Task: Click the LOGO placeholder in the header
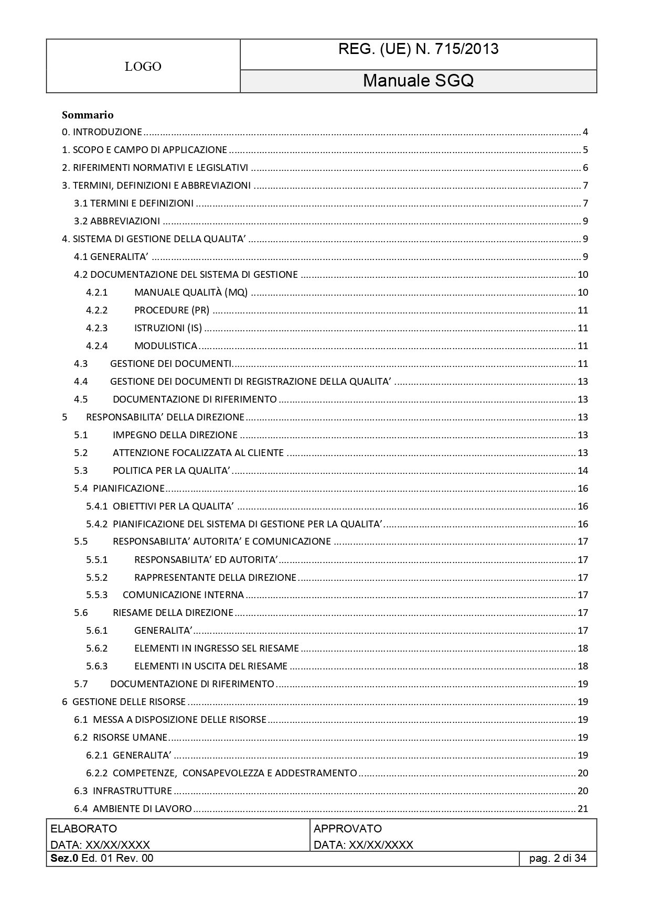pos(143,67)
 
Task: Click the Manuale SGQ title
pos(418,81)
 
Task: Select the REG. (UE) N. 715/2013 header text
pos(418,49)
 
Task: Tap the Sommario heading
pos(88,115)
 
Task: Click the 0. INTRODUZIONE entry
pos(102,132)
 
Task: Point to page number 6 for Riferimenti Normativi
pos(585,168)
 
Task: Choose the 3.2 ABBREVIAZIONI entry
pos(117,221)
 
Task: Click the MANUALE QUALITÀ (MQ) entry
pos(191,293)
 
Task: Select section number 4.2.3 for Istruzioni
pos(97,328)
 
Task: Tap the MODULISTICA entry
pos(166,346)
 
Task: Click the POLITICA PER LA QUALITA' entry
pos(172,471)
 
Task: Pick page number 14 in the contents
pos(583,471)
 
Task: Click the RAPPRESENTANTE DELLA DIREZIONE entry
pos(215,578)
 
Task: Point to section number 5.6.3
pos(97,666)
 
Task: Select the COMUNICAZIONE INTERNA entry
pos(183,595)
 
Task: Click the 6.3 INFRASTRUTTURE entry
pos(123,791)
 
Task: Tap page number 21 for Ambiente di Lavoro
pos(583,809)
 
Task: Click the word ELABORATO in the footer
pos(84,829)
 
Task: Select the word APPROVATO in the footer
pos(348,829)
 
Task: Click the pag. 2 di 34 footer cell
pos(558,859)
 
